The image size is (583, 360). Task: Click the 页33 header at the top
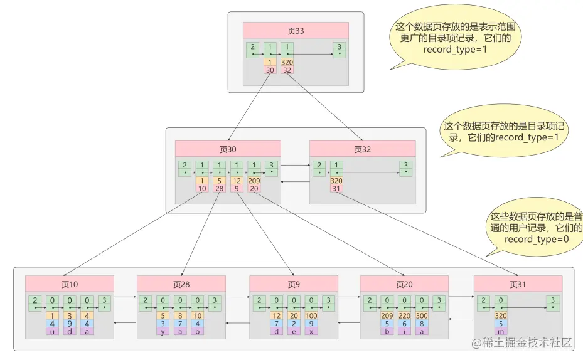[296, 30]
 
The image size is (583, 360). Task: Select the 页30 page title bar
[228, 149]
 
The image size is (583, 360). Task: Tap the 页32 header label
[363, 149]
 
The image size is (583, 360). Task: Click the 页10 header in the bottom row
[70, 283]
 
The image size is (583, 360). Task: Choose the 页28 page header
[181, 283]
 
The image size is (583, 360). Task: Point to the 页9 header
[294, 283]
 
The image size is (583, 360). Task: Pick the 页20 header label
[404, 283]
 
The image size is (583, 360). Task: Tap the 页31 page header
[518, 283]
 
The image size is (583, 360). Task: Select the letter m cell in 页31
[501, 331]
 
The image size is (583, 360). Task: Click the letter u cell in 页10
[53, 331]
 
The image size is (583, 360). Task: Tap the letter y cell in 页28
[163, 331]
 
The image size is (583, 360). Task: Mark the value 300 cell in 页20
[420, 315]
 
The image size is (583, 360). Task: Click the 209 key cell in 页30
[254, 181]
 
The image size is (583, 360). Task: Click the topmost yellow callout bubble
[457, 38]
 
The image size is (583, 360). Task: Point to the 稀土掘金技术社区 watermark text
[522, 343]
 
